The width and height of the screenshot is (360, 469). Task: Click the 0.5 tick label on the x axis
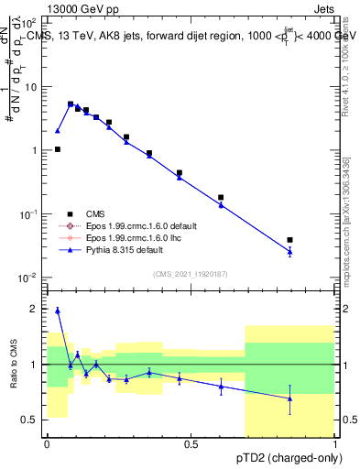[x=191, y=444]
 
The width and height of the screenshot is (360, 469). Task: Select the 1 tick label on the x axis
[x=335, y=444]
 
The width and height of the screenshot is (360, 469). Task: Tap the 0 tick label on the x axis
[x=46, y=444]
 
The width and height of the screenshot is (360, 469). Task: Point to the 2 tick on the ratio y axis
[x=35, y=309]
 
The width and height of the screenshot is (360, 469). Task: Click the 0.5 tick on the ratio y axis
[x=31, y=420]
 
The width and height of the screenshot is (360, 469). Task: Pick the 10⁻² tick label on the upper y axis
[x=28, y=277]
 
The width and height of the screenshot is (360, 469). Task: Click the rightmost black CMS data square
[x=289, y=240]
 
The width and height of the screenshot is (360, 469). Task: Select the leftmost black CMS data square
[x=57, y=149]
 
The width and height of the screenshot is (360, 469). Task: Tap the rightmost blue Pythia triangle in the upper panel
[x=289, y=252]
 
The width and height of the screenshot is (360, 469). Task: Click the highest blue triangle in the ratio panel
[x=57, y=311]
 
